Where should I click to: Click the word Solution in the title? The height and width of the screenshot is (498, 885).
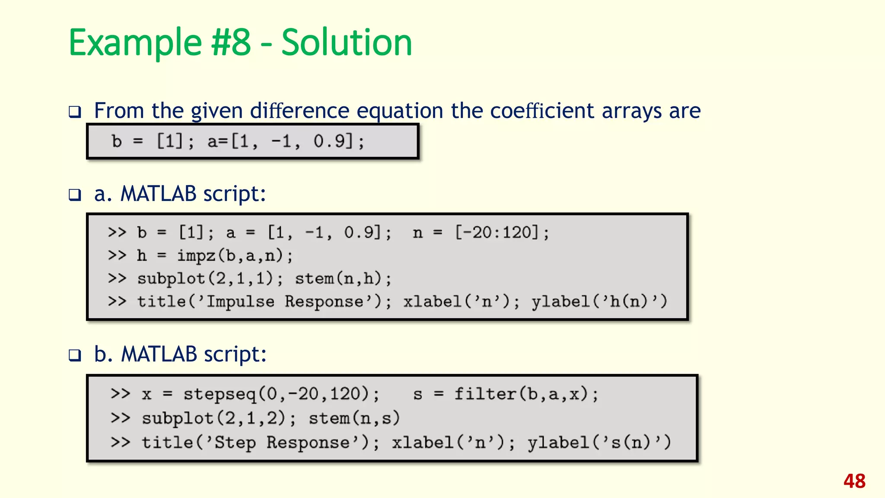347,42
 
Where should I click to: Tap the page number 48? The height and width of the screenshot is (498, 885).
854,481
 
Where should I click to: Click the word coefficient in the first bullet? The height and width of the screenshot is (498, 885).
542,111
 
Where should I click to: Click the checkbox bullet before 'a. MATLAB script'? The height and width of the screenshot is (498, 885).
75,195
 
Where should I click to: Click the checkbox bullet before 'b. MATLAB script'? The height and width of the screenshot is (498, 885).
75,356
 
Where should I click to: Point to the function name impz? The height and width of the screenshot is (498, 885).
196,255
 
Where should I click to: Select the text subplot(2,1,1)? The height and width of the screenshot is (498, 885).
205,278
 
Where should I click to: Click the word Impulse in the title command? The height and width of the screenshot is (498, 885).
240,301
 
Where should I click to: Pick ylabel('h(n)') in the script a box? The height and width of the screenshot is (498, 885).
599,301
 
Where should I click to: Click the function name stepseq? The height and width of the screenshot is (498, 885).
220,394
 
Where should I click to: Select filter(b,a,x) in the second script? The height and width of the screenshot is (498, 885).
522,394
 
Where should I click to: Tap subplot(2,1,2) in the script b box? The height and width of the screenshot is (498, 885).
214,418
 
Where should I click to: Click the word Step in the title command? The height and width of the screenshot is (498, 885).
235,442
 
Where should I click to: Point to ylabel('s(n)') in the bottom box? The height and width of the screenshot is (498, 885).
598,442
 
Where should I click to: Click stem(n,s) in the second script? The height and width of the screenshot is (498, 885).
354,418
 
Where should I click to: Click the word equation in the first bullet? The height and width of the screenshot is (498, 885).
400,111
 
